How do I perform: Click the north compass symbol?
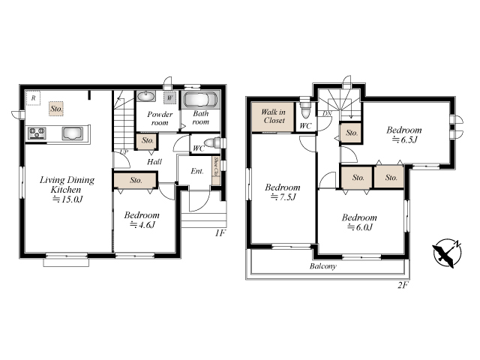[447, 253]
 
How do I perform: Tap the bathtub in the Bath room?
[200, 100]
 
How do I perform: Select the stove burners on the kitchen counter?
[37, 133]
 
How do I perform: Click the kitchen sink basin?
[72, 133]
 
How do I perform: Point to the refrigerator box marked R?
[33, 98]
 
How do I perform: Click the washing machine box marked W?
[169, 98]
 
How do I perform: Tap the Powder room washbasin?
[145, 97]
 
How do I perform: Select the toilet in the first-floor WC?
[211, 143]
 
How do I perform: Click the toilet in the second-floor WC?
[305, 110]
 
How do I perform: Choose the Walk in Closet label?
[273, 116]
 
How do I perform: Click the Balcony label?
[323, 266]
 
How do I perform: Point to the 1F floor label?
[220, 233]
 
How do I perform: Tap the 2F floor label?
[403, 285]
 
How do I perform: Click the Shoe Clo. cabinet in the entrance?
[216, 170]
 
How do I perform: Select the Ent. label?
[197, 171]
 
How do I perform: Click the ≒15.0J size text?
[67, 199]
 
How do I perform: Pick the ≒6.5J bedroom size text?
[405, 140]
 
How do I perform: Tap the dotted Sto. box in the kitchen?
[56, 109]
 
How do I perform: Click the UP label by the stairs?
[124, 151]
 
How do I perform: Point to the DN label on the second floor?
[327, 113]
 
